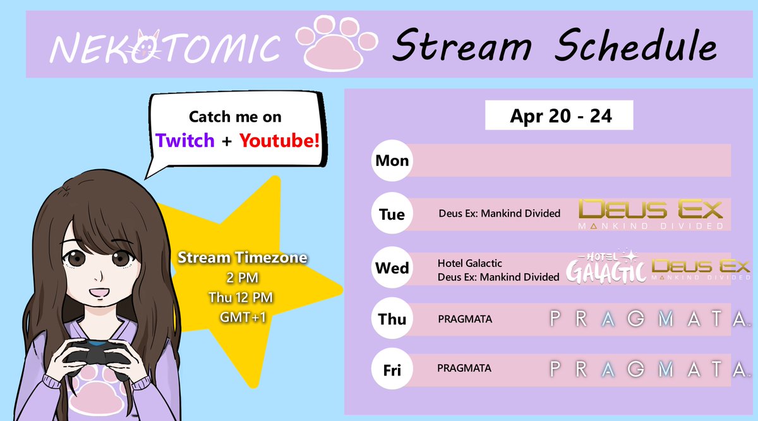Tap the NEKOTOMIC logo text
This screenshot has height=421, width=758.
164,47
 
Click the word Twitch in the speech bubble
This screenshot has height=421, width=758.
185,140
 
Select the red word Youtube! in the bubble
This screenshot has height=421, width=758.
280,140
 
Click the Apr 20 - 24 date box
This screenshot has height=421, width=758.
559,116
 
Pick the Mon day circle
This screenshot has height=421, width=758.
392,160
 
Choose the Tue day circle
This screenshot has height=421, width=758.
392,214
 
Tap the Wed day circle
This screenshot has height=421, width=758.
392,268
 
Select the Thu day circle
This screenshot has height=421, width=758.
392,319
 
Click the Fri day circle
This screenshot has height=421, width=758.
392,370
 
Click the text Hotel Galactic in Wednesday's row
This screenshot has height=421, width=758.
470,263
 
